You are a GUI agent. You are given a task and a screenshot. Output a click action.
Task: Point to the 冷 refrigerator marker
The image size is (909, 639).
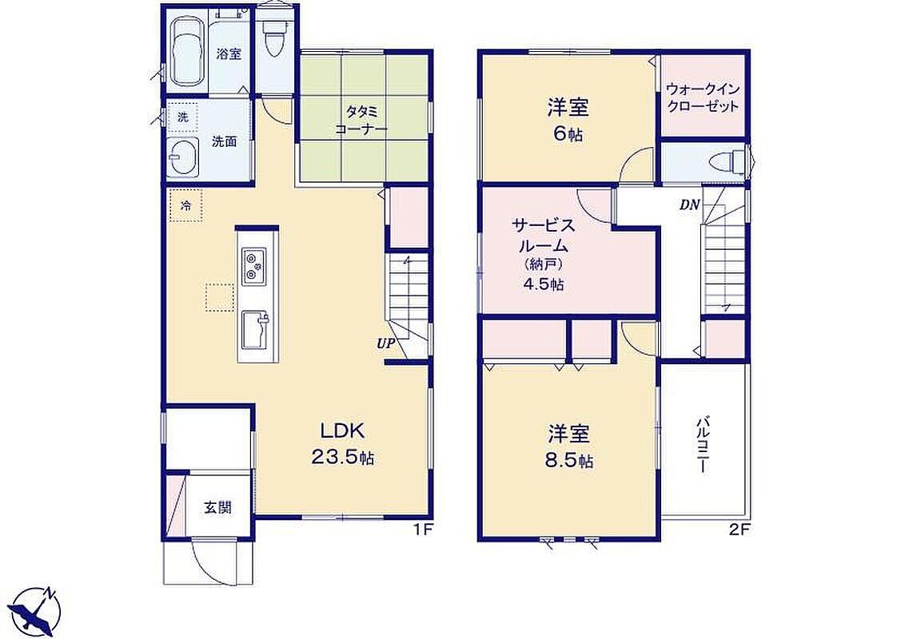click(186, 205)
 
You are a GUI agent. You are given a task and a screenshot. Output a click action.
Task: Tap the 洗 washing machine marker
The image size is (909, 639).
click(183, 117)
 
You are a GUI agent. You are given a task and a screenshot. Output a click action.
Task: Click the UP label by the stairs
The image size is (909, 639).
click(386, 343)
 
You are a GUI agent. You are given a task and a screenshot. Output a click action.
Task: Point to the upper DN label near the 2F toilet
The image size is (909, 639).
click(689, 204)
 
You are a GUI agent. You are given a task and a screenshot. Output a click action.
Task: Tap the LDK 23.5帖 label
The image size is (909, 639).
click(343, 444)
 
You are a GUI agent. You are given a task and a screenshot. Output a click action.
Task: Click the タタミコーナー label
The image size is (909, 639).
click(361, 120)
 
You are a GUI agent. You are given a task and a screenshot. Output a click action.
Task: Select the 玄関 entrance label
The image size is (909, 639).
click(217, 507)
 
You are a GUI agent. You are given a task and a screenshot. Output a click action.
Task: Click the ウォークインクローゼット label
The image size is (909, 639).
click(703, 98)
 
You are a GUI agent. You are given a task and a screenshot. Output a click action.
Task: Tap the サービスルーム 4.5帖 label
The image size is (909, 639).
click(543, 254)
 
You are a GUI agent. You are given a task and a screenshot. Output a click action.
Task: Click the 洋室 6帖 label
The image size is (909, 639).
click(568, 120)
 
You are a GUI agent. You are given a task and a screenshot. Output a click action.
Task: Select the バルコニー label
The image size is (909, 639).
click(703, 444)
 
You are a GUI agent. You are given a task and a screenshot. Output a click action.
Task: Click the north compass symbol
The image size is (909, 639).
click(37, 611)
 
